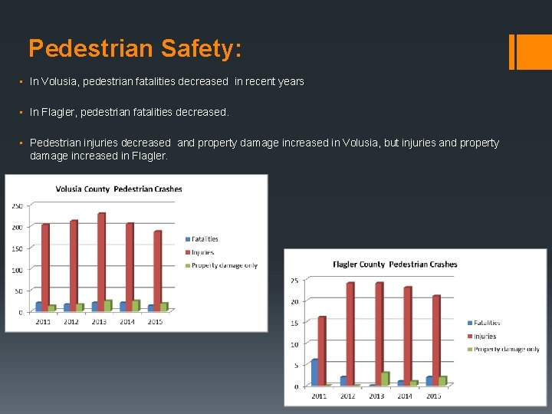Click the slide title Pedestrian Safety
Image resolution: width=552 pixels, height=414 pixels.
(x=135, y=49)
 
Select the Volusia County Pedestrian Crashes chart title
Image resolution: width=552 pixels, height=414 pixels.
(x=119, y=189)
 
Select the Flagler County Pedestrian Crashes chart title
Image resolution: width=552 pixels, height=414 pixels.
(x=395, y=264)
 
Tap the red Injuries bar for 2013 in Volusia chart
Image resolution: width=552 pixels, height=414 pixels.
(x=101, y=261)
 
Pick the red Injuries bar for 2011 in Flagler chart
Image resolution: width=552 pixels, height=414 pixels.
(x=322, y=350)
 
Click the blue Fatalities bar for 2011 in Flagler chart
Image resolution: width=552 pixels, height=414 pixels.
(x=314, y=372)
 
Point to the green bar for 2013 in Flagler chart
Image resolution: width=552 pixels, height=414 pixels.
(x=385, y=378)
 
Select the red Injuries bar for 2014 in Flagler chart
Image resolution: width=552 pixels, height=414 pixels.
(x=408, y=335)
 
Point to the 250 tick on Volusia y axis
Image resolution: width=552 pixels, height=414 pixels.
(x=16, y=205)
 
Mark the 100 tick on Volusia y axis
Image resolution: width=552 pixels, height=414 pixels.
(x=16, y=269)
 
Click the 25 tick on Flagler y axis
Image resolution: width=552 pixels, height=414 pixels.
(x=294, y=281)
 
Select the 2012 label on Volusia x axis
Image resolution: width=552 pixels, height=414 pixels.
(x=71, y=322)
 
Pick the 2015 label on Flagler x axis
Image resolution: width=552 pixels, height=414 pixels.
(x=433, y=396)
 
